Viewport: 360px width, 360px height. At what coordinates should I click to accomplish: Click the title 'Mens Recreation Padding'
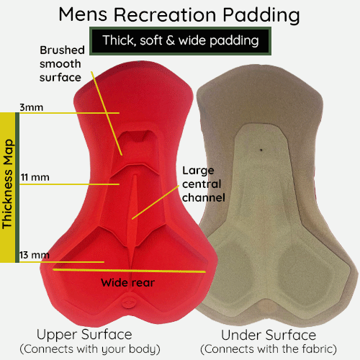tap(179, 15)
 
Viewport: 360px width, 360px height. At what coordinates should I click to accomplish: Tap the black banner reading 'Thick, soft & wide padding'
tap(181, 41)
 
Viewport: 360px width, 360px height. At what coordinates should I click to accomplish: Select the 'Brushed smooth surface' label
tap(62, 64)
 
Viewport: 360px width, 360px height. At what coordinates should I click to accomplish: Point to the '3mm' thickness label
tap(32, 107)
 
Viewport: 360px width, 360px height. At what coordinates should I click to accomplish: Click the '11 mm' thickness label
tap(35, 177)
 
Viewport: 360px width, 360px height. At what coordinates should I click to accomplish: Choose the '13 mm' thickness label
tap(35, 255)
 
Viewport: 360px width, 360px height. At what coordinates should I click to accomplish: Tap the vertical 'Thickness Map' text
tap(8, 184)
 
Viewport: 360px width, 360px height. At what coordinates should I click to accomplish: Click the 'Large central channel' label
tap(204, 184)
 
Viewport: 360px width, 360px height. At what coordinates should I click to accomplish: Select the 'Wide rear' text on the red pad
tap(127, 282)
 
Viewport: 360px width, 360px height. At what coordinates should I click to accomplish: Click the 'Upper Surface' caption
tap(84, 334)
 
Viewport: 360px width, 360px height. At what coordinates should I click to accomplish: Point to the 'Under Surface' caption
tap(269, 335)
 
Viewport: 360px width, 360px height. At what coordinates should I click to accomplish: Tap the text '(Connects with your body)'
tap(90, 349)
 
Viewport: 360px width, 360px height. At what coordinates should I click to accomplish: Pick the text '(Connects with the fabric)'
tap(269, 349)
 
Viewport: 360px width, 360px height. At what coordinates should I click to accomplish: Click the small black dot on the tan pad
tap(261, 150)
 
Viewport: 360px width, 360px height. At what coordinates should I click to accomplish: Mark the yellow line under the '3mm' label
tap(69, 113)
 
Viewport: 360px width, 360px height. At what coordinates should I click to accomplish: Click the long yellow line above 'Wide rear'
tap(130, 271)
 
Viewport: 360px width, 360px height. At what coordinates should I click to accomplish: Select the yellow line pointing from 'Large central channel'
tap(156, 202)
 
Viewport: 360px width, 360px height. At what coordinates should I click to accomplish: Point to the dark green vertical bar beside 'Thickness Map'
tap(17, 187)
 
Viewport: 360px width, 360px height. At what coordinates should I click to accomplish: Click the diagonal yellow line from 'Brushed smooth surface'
tap(107, 113)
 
